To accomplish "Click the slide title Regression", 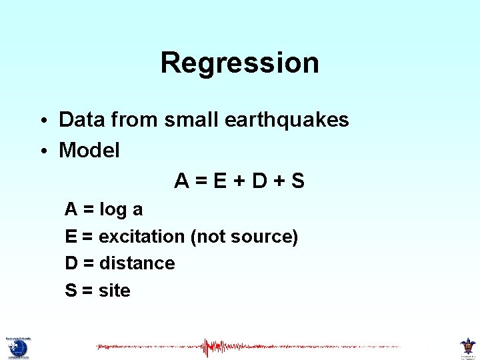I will click(239, 63).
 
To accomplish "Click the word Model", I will click(89, 151).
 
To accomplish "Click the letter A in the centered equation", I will click(181, 181).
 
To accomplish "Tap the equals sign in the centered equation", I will click(201, 181).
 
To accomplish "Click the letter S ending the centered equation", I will click(297, 181).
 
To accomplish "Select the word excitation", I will click(142, 237).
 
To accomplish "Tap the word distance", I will click(137, 263).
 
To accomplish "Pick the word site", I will click(114, 291).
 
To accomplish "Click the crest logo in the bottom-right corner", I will click(467, 347).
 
